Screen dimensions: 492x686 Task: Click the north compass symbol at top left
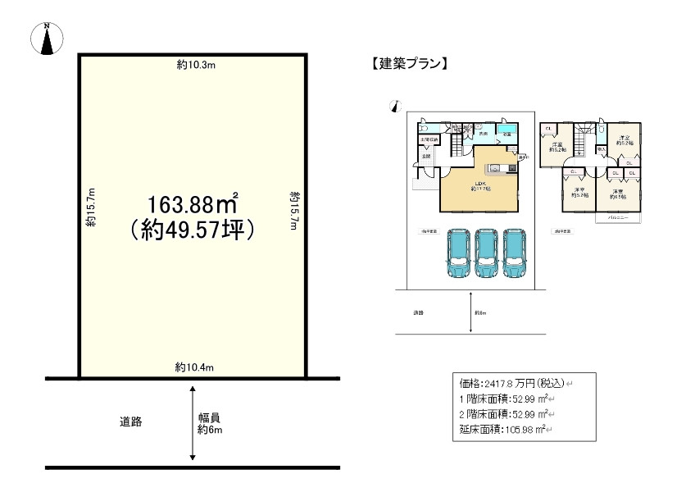click(47, 39)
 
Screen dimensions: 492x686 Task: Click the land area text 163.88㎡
click(193, 201)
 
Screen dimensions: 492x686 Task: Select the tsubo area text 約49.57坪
click(193, 230)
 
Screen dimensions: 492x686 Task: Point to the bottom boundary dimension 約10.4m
click(194, 367)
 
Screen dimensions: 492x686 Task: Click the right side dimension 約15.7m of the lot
click(293, 209)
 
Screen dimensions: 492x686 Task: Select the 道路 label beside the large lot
click(131, 421)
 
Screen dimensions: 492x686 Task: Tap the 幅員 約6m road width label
click(211, 422)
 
